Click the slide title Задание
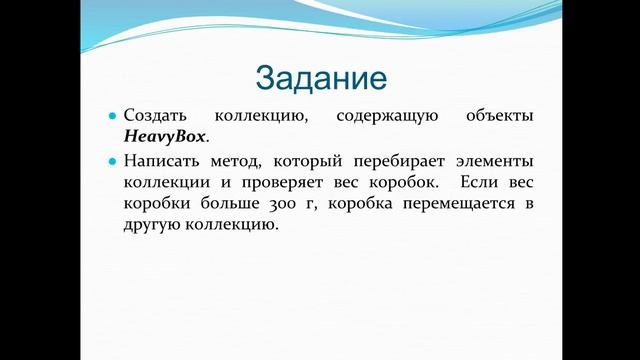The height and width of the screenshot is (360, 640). [320, 76]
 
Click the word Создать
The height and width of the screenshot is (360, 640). [153, 117]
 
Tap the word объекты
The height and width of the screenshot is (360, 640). [500, 117]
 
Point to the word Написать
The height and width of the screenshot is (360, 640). [159, 161]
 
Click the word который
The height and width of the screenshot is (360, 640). [311, 161]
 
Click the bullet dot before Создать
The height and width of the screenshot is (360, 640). [113, 117]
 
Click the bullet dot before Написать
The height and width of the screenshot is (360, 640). [113, 161]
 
